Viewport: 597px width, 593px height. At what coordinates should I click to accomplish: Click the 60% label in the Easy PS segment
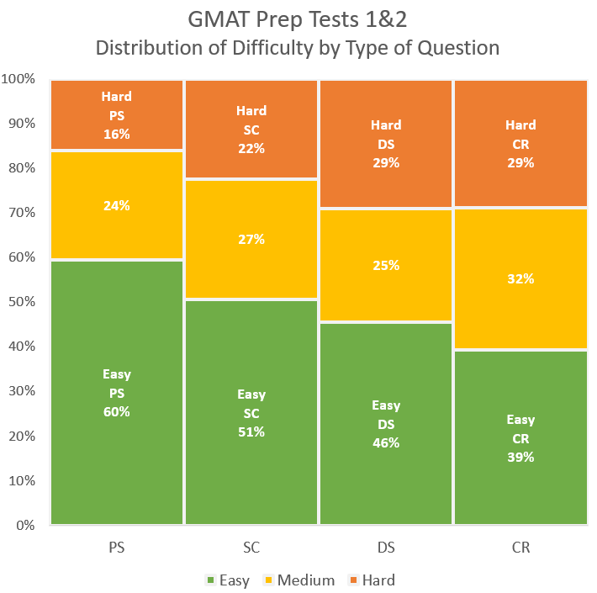[x=117, y=412]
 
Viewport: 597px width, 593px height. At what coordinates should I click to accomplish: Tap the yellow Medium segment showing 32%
[x=520, y=278]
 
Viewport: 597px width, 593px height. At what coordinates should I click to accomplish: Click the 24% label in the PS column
[x=117, y=204]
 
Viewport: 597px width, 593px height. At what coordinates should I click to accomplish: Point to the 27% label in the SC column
[x=251, y=239]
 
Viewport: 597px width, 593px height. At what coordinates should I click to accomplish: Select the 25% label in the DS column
[x=386, y=265]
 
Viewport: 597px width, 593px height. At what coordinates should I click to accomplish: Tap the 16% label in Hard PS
[x=117, y=134]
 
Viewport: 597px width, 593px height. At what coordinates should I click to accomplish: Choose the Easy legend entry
[x=227, y=580]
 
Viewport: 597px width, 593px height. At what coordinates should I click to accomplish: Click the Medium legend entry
[x=299, y=580]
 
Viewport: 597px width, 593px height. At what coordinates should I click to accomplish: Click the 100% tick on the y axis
[x=18, y=79]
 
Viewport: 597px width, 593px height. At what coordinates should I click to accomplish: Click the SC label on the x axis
[x=251, y=548]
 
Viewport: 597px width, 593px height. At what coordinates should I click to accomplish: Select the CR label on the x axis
[x=520, y=548]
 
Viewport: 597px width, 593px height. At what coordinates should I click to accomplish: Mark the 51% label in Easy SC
[x=251, y=432]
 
